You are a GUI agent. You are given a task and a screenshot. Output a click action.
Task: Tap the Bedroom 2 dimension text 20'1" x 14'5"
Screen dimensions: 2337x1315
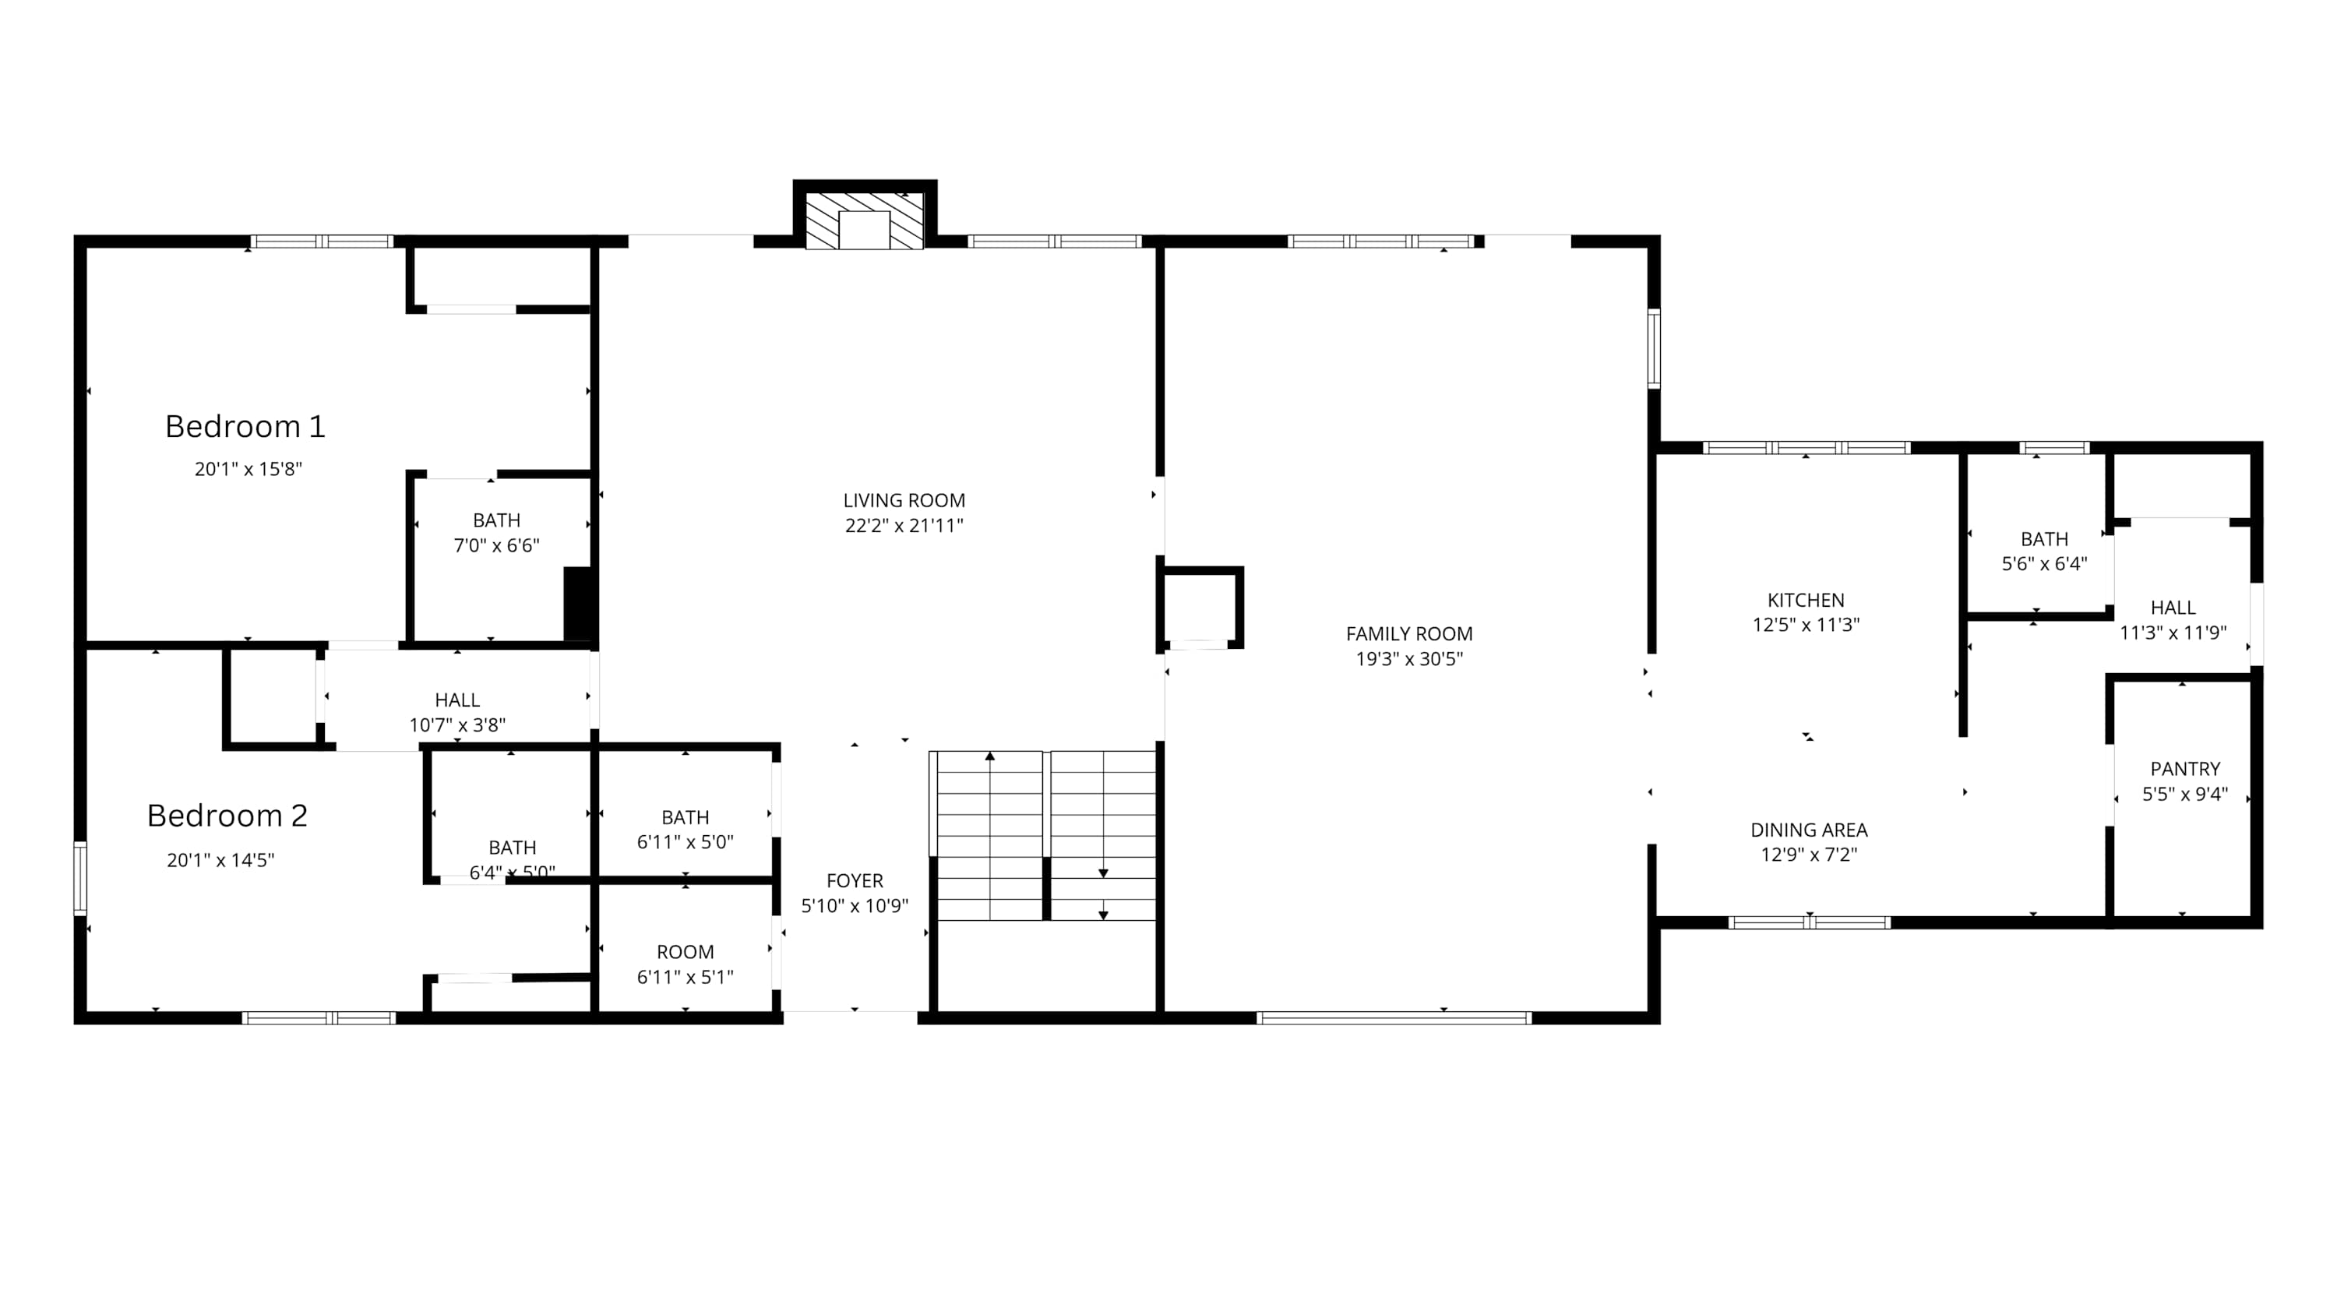[x=220, y=859]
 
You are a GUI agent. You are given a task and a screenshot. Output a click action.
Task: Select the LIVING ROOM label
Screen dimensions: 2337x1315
[x=904, y=500]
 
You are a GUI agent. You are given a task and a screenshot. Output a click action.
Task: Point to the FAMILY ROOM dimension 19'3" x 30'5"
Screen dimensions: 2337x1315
[x=1409, y=659]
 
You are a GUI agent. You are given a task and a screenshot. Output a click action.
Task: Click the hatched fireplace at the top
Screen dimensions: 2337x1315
[x=865, y=220]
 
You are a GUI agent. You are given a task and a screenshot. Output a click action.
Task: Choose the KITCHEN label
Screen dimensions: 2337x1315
[x=1806, y=600]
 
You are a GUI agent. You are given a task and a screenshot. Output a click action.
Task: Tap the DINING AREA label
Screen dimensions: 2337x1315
[x=1809, y=830]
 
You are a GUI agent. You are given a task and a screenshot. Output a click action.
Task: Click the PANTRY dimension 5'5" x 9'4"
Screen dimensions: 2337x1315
[x=2184, y=794]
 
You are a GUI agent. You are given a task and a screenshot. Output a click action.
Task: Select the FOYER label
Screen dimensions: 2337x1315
[x=855, y=880]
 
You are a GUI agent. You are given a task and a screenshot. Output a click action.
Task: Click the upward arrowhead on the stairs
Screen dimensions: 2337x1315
[x=990, y=756]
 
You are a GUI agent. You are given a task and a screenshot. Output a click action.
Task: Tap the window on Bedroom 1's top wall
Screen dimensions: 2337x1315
[x=322, y=241]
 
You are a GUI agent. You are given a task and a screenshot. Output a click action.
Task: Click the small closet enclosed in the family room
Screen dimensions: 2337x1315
[x=1200, y=607]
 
